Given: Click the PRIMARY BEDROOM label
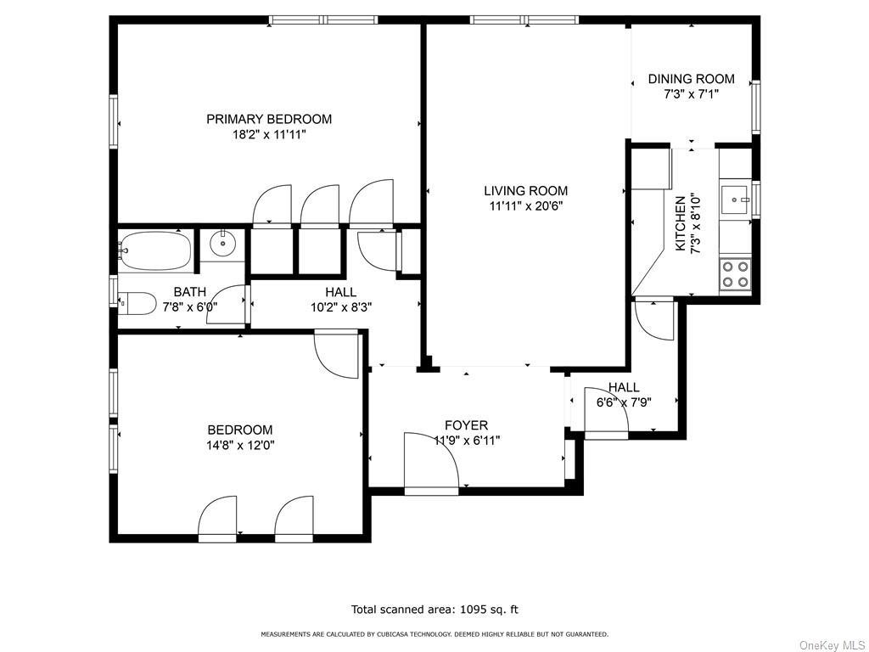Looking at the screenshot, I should coord(269,119).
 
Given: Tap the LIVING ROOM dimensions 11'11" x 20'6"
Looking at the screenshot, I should coord(525,205).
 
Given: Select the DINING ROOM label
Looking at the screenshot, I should coord(691,79).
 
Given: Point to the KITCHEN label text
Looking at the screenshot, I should coord(681,223).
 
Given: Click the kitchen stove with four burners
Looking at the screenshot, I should coord(735,274).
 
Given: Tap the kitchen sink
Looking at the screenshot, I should coord(734,201).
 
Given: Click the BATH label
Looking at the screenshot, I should coord(189,292).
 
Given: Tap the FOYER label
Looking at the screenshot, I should coord(467,425).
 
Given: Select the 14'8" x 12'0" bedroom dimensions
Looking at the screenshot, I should coord(242,445).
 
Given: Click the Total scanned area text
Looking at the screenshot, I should coord(434,610).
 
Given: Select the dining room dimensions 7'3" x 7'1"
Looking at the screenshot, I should coord(691,94).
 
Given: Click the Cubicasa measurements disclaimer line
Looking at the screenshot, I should coord(434,634).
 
